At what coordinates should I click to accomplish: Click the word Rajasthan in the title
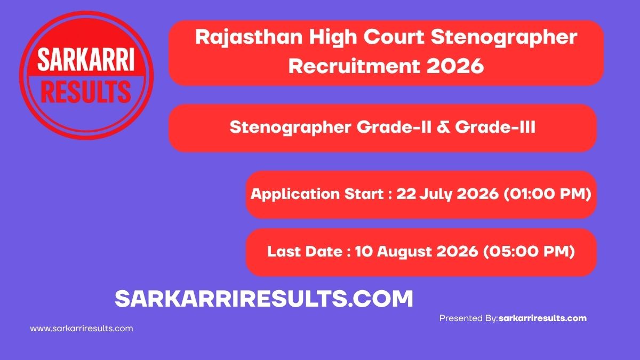249,38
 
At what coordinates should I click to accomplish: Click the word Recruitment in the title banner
354,66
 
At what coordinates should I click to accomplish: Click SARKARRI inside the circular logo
86,59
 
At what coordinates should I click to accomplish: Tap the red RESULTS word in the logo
86,91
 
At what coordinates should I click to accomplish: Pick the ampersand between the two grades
443,127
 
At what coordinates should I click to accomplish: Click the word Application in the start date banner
295,194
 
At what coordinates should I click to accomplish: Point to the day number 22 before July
406,194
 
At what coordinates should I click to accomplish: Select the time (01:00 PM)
547,194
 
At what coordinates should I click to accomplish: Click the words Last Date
305,251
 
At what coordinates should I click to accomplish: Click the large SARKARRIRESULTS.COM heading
263,299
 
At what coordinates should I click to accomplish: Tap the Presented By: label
469,318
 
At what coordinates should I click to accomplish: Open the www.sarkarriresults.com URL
82,329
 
